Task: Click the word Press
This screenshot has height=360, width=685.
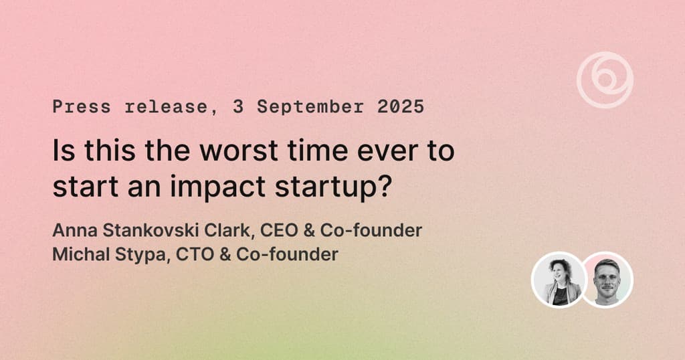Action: [81, 106]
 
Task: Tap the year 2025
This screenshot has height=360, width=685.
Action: [401, 106]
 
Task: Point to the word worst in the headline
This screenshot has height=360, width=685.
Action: [239, 150]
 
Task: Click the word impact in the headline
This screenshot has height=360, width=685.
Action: [217, 187]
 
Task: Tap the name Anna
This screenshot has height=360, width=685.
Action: [75, 230]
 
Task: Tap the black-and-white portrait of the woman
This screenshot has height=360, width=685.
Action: [559, 280]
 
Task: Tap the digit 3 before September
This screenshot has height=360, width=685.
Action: [237, 106]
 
